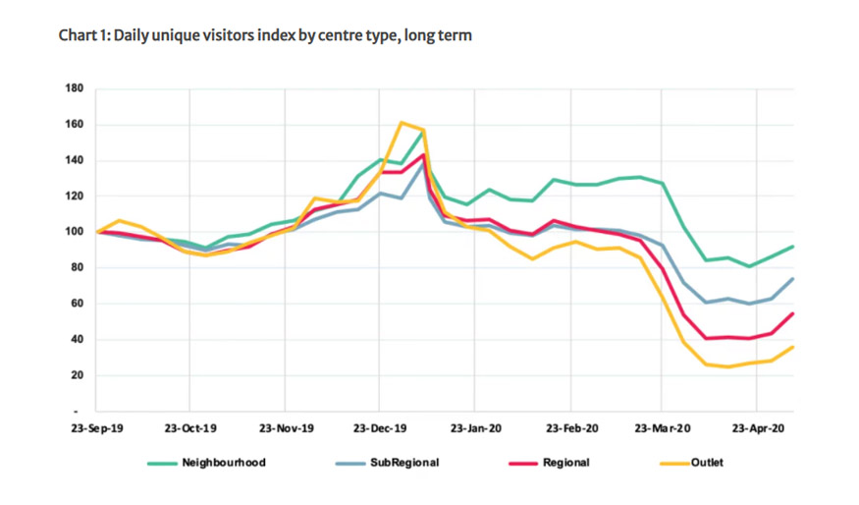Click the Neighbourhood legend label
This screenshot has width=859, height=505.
(223, 462)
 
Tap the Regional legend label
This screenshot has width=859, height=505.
(566, 462)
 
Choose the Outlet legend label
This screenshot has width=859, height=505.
(707, 462)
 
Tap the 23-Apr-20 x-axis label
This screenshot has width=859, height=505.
(756, 429)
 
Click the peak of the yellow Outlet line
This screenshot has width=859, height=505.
(402, 123)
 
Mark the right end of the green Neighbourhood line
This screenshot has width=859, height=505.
(793, 247)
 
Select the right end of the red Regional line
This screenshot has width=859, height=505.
(793, 313)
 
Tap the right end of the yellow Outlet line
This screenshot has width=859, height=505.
(793, 347)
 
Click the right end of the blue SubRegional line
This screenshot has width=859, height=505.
(793, 279)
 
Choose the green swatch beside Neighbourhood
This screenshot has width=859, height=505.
(161, 462)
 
